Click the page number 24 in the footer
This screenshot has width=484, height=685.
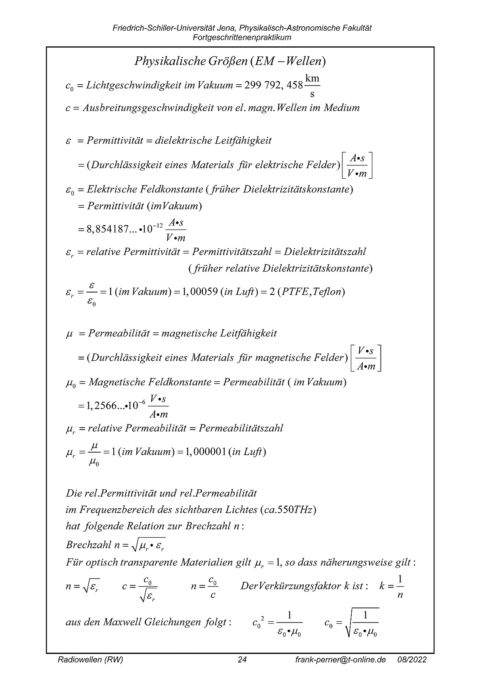(x=242, y=660)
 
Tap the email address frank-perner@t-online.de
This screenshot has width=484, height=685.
(x=340, y=660)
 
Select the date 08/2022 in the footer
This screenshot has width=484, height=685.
(x=412, y=660)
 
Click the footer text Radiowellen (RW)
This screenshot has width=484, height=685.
(x=90, y=660)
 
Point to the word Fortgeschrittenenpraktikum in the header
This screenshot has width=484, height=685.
(x=242, y=38)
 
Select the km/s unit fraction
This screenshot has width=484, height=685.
(x=313, y=86)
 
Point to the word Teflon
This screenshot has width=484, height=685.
(x=327, y=292)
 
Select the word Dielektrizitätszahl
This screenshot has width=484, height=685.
(x=325, y=252)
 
